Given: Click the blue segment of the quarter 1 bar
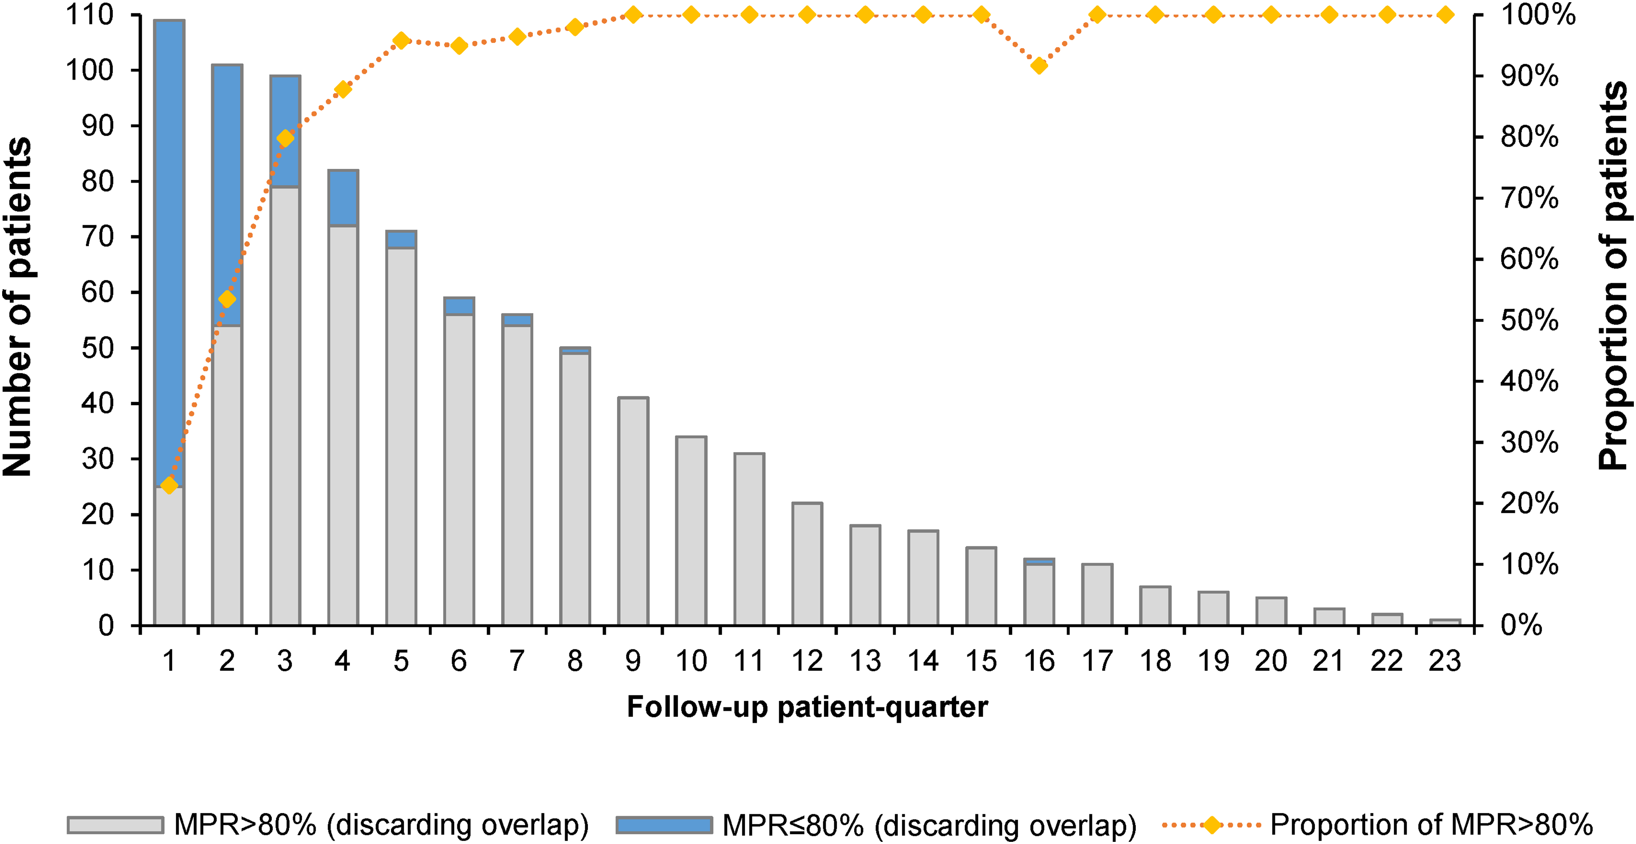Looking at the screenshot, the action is [x=169, y=253].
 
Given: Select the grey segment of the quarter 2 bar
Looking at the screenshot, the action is [x=227, y=475].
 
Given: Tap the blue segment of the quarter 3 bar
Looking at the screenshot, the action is [x=285, y=131].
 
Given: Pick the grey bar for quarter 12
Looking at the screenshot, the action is [x=807, y=564].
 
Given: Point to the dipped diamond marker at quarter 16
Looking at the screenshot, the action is [x=1039, y=65].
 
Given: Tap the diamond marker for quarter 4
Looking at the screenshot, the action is [x=343, y=89].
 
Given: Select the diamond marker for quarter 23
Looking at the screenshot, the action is [x=1445, y=15].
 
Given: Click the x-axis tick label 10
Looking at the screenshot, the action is [x=691, y=661].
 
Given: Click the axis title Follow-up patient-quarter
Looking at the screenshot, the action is [x=807, y=707].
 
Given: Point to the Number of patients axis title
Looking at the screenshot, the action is [x=17, y=307].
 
